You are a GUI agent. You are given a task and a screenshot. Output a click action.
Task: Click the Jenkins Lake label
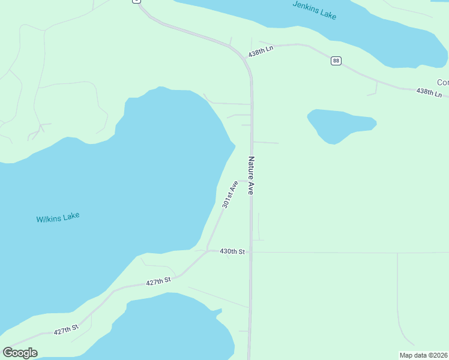coord(315,10)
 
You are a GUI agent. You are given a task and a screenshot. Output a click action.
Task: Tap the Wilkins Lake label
coord(58,218)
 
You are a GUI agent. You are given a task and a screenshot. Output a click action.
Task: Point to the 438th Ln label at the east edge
coord(429,92)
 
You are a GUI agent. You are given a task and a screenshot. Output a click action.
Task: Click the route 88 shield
coord(336,61)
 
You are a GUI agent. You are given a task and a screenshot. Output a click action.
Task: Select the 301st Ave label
coord(230,194)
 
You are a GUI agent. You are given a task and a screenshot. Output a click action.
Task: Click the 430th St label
coord(232,251)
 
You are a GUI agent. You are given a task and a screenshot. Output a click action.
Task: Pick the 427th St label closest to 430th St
coord(158,281)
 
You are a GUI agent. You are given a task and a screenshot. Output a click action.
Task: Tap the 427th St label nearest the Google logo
coord(66,330)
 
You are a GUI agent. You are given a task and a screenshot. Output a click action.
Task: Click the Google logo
coord(20,353)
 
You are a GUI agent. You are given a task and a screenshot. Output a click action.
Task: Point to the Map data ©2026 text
coord(423,355)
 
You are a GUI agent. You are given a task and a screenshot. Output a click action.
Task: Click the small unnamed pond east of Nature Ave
coord(339,125)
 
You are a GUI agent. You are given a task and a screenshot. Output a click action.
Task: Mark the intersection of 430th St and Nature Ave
coord(251,252)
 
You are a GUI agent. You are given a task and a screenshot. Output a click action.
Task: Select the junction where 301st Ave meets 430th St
coord(207,251)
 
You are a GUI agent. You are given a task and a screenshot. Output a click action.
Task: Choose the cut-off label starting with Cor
coord(443,82)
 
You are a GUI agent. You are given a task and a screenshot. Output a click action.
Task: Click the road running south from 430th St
coord(397,294)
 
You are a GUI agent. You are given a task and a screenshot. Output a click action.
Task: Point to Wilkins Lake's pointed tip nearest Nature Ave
coord(234,143)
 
